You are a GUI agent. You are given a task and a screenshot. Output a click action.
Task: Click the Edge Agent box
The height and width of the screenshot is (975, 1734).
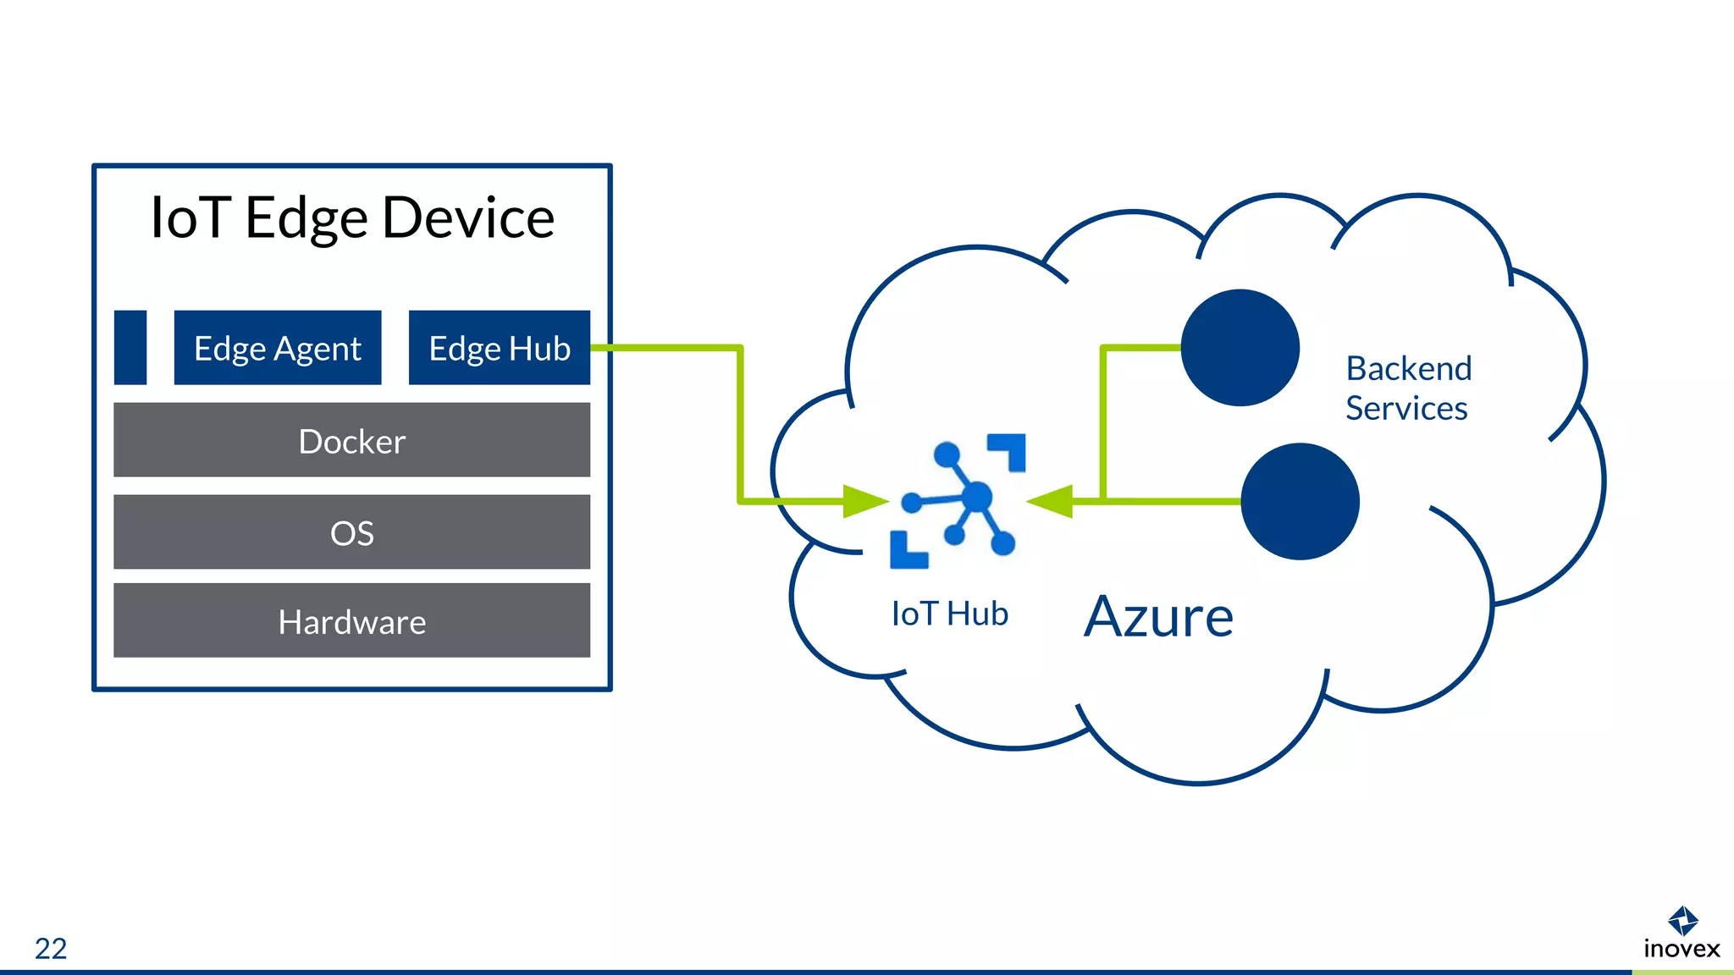[278, 348]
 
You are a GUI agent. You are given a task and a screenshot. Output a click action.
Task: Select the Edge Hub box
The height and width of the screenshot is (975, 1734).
[499, 348]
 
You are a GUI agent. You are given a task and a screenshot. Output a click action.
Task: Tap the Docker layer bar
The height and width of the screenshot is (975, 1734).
[351, 440]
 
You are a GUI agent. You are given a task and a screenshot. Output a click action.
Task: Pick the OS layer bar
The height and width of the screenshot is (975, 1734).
[351, 532]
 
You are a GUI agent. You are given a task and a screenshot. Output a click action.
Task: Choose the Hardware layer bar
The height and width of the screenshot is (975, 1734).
[351, 620]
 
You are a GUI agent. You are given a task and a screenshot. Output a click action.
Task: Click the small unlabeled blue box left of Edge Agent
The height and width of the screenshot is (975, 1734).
[130, 348]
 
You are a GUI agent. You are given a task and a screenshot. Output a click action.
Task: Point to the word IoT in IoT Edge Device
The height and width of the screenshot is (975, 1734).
[190, 218]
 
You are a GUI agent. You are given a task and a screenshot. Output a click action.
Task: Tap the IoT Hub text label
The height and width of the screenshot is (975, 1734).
[949, 614]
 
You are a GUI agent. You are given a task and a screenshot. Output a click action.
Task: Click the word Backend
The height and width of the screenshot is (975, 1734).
[1409, 369]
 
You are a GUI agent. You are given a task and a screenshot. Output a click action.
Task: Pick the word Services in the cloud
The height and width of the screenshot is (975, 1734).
[1406, 409]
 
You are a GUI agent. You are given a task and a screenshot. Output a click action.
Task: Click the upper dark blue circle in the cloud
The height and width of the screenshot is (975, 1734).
[1240, 348]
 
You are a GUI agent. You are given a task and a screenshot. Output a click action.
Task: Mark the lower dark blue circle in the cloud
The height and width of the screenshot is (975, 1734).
[1300, 501]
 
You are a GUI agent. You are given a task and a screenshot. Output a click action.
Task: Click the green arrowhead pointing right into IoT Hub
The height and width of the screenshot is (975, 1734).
[864, 501]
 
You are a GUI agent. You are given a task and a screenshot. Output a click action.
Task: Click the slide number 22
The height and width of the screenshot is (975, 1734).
[51, 948]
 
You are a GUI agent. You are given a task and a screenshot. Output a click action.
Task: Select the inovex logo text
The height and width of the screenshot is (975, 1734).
[1682, 949]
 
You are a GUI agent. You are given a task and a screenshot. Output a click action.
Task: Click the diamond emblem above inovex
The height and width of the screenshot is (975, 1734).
[1682, 920]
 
